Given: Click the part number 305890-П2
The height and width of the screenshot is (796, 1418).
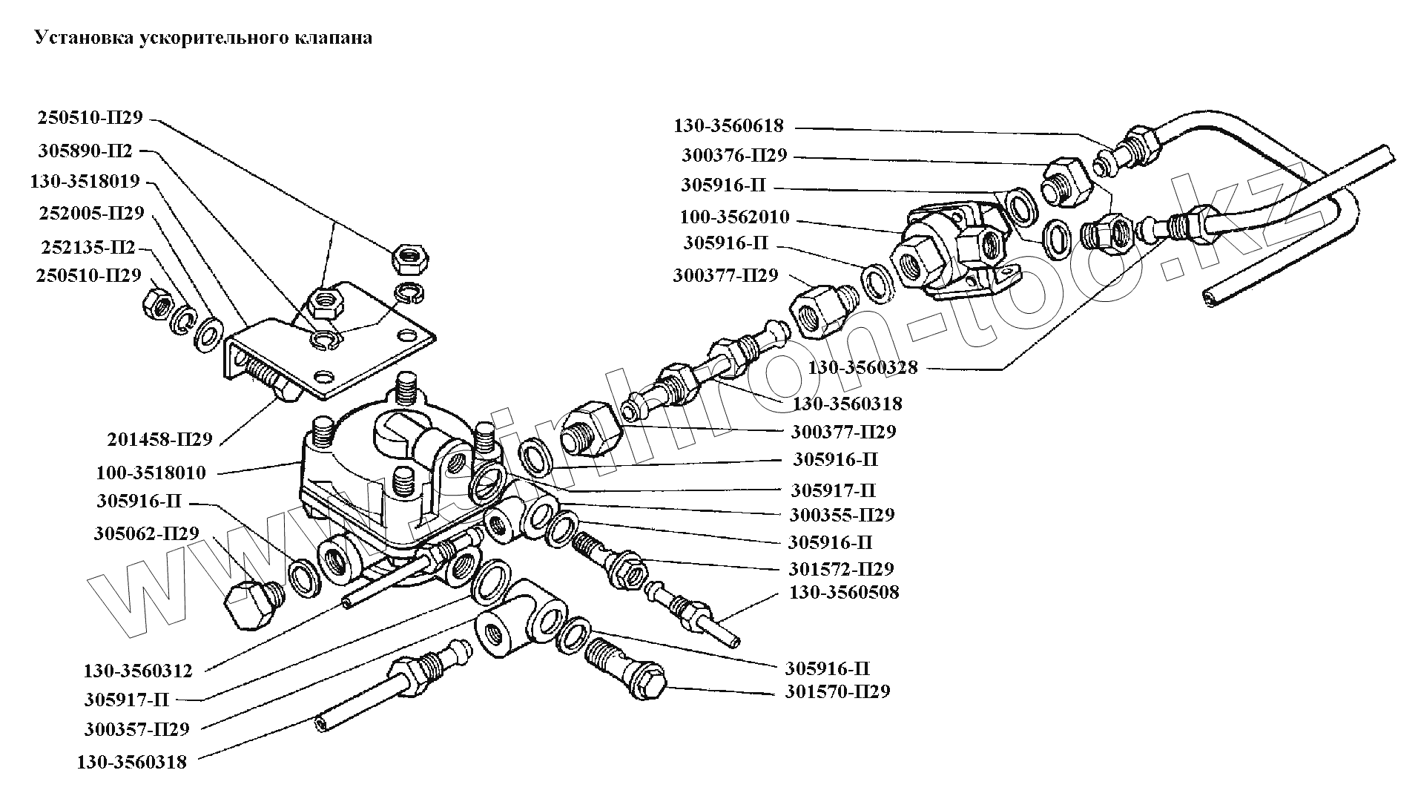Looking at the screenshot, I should pos(85,151).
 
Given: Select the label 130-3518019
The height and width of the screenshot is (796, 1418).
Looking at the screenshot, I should pos(85,181).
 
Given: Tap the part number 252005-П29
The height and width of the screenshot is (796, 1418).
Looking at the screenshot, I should pos(90,214).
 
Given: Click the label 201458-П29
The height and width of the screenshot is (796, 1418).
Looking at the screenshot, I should pos(159,439).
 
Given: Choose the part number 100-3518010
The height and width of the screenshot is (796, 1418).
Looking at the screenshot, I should pos(151,473).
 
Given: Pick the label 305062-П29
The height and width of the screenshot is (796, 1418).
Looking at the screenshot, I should pos(147,533).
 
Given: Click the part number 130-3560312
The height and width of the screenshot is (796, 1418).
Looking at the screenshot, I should pos(138,671).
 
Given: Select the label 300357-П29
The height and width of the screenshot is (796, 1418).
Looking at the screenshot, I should pos(137,729).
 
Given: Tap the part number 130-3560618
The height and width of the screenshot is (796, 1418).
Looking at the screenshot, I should pos(728,126).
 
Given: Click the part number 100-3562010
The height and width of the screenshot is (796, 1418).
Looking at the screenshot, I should pos(734,218).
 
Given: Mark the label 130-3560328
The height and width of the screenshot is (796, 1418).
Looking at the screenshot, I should pos(863,367).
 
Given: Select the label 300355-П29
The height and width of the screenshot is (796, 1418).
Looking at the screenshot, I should pos(842,515).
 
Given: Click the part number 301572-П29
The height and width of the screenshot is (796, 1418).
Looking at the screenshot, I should pos(841,569).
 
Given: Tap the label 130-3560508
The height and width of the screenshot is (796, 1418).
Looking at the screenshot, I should pos(844,593).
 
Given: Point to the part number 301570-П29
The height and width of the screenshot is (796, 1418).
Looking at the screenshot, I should pos(837,691).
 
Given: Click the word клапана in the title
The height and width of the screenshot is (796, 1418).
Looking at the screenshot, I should pos(337,38).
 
